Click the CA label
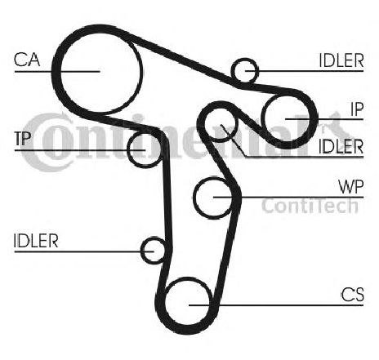(27, 60)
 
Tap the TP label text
(23, 138)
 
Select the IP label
(357, 109)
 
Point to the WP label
(351, 186)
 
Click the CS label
(353, 295)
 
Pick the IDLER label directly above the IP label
(341, 60)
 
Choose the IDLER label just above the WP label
(341, 146)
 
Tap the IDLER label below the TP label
(36, 241)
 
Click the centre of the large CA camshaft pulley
(100, 71)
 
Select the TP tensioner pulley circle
(145, 149)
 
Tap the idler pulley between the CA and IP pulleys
(244, 70)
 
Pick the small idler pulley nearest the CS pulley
(154, 251)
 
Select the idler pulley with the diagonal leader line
(221, 124)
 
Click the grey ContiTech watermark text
(310, 206)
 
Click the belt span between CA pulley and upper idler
(181, 60)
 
